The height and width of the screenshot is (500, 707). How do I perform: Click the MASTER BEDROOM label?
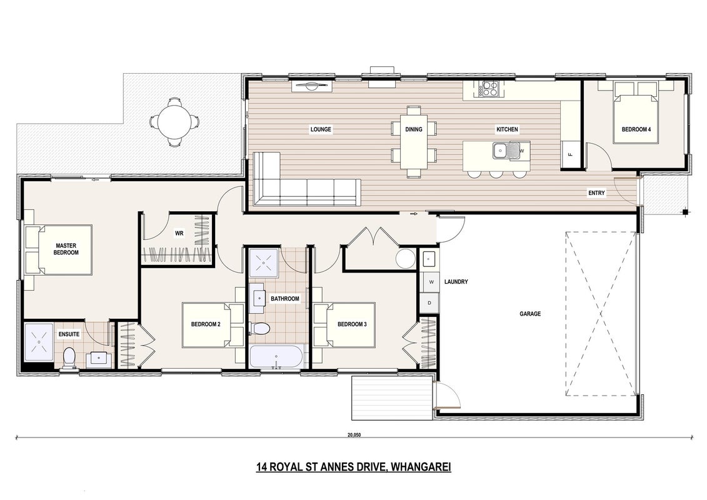pos(66,249)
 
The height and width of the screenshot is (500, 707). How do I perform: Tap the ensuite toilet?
pos(69,358)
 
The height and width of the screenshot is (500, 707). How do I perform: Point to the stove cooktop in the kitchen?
pos(488,88)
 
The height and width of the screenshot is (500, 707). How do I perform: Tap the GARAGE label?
pos(530,314)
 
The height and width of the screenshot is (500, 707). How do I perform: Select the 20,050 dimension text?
pos(354,436)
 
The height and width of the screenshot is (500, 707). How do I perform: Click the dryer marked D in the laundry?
pos(429,302)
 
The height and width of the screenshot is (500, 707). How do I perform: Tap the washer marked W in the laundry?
pos(431,282)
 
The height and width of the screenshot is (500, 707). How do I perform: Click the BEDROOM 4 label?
pos(636,129)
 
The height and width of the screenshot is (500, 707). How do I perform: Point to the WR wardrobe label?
pos(179,234)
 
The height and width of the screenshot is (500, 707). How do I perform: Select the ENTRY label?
pos(596,193)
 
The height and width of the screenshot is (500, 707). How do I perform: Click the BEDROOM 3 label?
pos(352,324)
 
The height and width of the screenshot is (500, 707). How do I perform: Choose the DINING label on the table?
pos(413,129)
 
